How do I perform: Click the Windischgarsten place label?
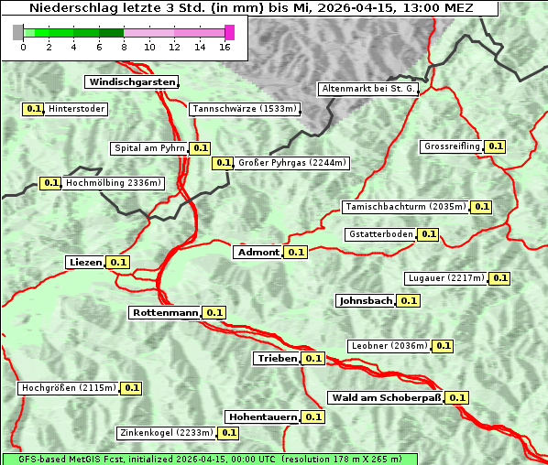[132, 82]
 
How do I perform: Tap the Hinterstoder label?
[77, 109]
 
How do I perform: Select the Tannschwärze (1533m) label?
[245, 109]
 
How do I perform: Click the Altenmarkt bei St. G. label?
[368, 89]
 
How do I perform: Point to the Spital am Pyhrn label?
[148, 148]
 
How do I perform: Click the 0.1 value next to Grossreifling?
[496, 146]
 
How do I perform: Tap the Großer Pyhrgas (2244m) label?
[291, 163]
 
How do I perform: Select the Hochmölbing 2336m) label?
[113, 183]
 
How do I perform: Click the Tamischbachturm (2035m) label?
[404, 207]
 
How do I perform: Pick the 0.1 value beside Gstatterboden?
[428, 234]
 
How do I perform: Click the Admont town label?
[258, 253]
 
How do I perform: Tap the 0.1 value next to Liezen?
[118, 263]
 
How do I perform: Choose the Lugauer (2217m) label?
[444, 278]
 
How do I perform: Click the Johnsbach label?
[366, 300]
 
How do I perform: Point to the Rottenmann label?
[165, 313]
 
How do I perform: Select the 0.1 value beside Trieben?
[313, 358]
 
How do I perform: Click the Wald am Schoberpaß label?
[385, 398]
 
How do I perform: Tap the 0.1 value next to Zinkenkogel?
[228, 433]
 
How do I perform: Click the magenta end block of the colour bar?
[229, 32]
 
